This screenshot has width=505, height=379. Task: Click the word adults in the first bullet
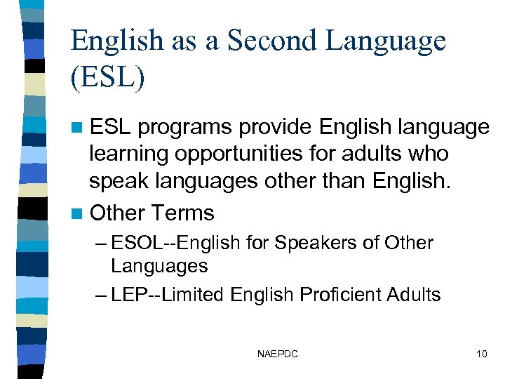382,154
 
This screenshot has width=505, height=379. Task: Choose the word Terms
182,213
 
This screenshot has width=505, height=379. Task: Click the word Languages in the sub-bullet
159,266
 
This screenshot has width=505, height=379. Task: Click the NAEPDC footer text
278,354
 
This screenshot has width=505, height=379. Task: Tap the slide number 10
481,354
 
